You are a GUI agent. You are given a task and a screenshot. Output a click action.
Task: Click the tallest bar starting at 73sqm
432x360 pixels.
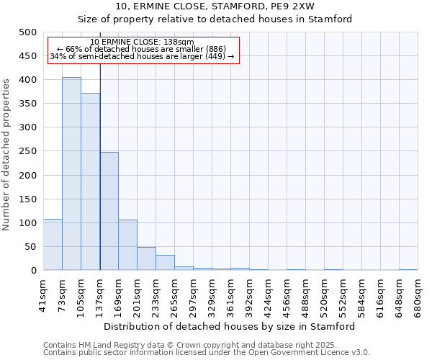pyautogui.click(x=71, y=174)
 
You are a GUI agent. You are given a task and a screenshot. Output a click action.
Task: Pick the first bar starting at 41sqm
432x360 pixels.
pyautogui.click(x=53, y=245)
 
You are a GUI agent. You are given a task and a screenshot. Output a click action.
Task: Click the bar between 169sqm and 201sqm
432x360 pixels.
pyautogui.click(x=127, y=245)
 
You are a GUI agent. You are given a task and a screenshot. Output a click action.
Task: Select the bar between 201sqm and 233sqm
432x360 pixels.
pyautogui.click(x=146, y=258)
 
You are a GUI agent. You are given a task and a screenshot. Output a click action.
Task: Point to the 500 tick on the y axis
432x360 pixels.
pyautogui.click(x=28, y=32)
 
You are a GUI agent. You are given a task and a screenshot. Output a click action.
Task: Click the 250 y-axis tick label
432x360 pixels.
pyautogui.click(x=28, y=151)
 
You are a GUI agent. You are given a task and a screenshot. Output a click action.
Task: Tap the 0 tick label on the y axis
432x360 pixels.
pyautogui.click(x=33, y=271)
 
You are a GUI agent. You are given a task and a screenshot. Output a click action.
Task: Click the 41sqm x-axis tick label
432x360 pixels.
pyautogui.click(x=43, y=292)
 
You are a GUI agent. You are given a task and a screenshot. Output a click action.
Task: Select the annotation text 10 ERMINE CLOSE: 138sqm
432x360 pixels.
pyautogui.click(x=142, y=42)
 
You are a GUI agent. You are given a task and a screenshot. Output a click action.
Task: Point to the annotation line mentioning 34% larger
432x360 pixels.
pyautogui.click(x=142, y=56)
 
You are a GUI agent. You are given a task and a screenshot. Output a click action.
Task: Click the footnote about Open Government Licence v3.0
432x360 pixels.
pyautogui.click(x=207, y=353)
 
